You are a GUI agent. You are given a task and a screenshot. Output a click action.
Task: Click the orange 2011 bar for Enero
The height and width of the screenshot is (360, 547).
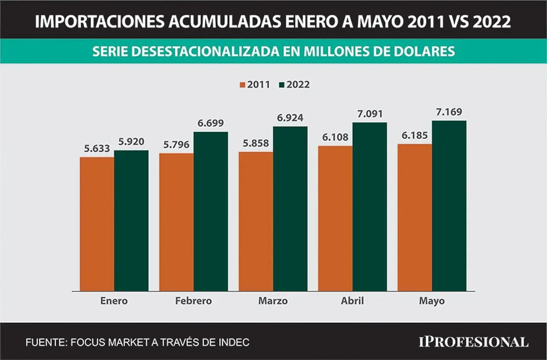[97, 224]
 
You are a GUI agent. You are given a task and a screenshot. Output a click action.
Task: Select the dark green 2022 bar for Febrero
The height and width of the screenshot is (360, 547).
[211, 212]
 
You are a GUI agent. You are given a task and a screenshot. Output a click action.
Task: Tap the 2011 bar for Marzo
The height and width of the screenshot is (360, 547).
[256, 221]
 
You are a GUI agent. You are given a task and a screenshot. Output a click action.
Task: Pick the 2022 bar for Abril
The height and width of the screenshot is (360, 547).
[370, 207]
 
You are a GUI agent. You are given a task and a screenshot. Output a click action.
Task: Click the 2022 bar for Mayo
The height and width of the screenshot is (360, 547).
[449, 206]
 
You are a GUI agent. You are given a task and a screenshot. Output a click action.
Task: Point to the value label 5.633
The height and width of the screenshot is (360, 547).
[97, 148]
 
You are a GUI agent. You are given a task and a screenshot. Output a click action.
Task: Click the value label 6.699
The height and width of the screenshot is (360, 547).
[211, 123]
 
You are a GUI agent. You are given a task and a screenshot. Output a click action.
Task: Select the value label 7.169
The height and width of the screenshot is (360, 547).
[449, 112]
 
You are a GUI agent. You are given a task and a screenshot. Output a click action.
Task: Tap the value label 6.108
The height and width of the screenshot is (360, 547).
[335, 137]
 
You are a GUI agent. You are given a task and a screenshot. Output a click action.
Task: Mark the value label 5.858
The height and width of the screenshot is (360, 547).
[256, 143]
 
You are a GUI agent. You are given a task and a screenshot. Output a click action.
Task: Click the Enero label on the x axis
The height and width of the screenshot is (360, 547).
[114, 301]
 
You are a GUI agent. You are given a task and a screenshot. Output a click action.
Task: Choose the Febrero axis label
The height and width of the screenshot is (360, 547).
[194, 301]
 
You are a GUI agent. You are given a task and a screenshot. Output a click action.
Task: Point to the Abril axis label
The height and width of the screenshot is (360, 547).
[353, 301]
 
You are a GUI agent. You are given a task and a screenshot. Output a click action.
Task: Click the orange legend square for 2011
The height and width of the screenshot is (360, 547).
[242, 85]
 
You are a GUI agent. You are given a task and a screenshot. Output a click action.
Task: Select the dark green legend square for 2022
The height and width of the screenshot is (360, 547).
[282, 85]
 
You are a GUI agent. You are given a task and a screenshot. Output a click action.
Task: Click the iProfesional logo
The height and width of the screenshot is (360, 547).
[474, 342]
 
